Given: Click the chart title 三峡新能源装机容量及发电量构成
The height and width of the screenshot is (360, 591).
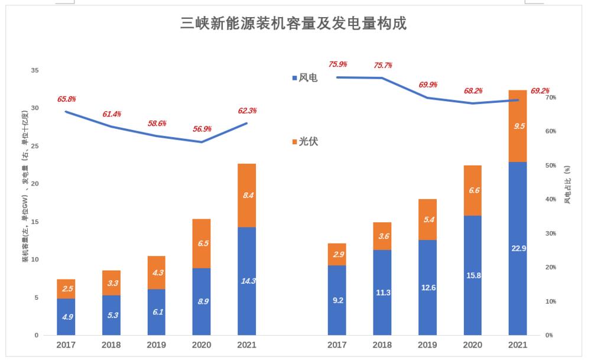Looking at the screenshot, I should pyautogui.click(x=294, y=24).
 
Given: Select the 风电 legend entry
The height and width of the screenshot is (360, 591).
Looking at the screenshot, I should pyautogui.click(x=304, y=77).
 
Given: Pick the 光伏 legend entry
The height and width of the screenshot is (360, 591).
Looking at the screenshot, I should pyautogui.click(x=304, y=142).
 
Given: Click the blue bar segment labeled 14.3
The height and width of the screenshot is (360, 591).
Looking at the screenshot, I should pyautogui.click(x=246, y=281).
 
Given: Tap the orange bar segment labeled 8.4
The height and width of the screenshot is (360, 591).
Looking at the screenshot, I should pyautogui.click(x=246, y=195).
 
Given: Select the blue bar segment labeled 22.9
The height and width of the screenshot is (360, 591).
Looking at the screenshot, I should pyautogui.click(x=517, y=248).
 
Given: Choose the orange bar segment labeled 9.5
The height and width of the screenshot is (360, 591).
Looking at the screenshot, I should pyautogui.click(x=517, y=126).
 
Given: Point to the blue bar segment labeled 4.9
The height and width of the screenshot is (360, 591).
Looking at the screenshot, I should pyautogui.click(x=66, y=317).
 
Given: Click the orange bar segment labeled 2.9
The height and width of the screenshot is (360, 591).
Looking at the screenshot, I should pyautogui.click(x=337, y=254).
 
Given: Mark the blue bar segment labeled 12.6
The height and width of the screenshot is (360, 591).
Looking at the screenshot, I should pyautogui.click(x=427, y=287).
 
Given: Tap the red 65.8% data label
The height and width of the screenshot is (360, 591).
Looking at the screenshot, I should pyautogui.click(x=66, y=99).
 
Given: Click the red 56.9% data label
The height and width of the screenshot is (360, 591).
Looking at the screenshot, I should pyautogui.click(x=202, y=129).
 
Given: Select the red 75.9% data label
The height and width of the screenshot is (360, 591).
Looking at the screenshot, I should pyautogui.click(x=337, y=64).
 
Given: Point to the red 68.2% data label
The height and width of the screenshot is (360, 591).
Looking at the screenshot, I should pyautogui.click(x=473, y=91).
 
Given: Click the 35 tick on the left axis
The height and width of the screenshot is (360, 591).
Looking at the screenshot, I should pyautogui.click(x=34, y=70).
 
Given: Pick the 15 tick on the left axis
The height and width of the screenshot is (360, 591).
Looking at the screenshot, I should pyautogui.click(x=34, y=222).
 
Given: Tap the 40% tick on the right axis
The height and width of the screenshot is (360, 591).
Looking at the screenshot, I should pyautogui.click(x=550, y=199).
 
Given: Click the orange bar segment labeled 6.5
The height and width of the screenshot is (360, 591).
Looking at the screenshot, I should pyautogui.click(x=202, y=244).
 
